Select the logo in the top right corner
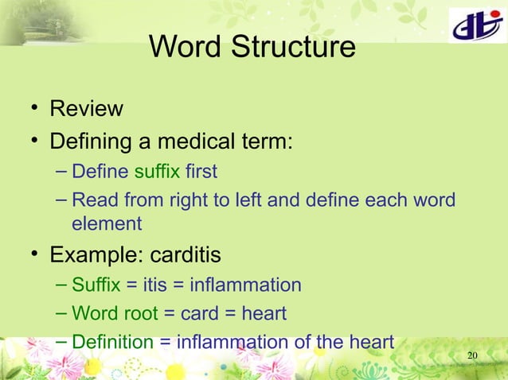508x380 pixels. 475,28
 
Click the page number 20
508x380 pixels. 472,354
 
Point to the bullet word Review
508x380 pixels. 86,109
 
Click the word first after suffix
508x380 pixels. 198,172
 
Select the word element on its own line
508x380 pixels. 107,224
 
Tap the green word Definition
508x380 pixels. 112,343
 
